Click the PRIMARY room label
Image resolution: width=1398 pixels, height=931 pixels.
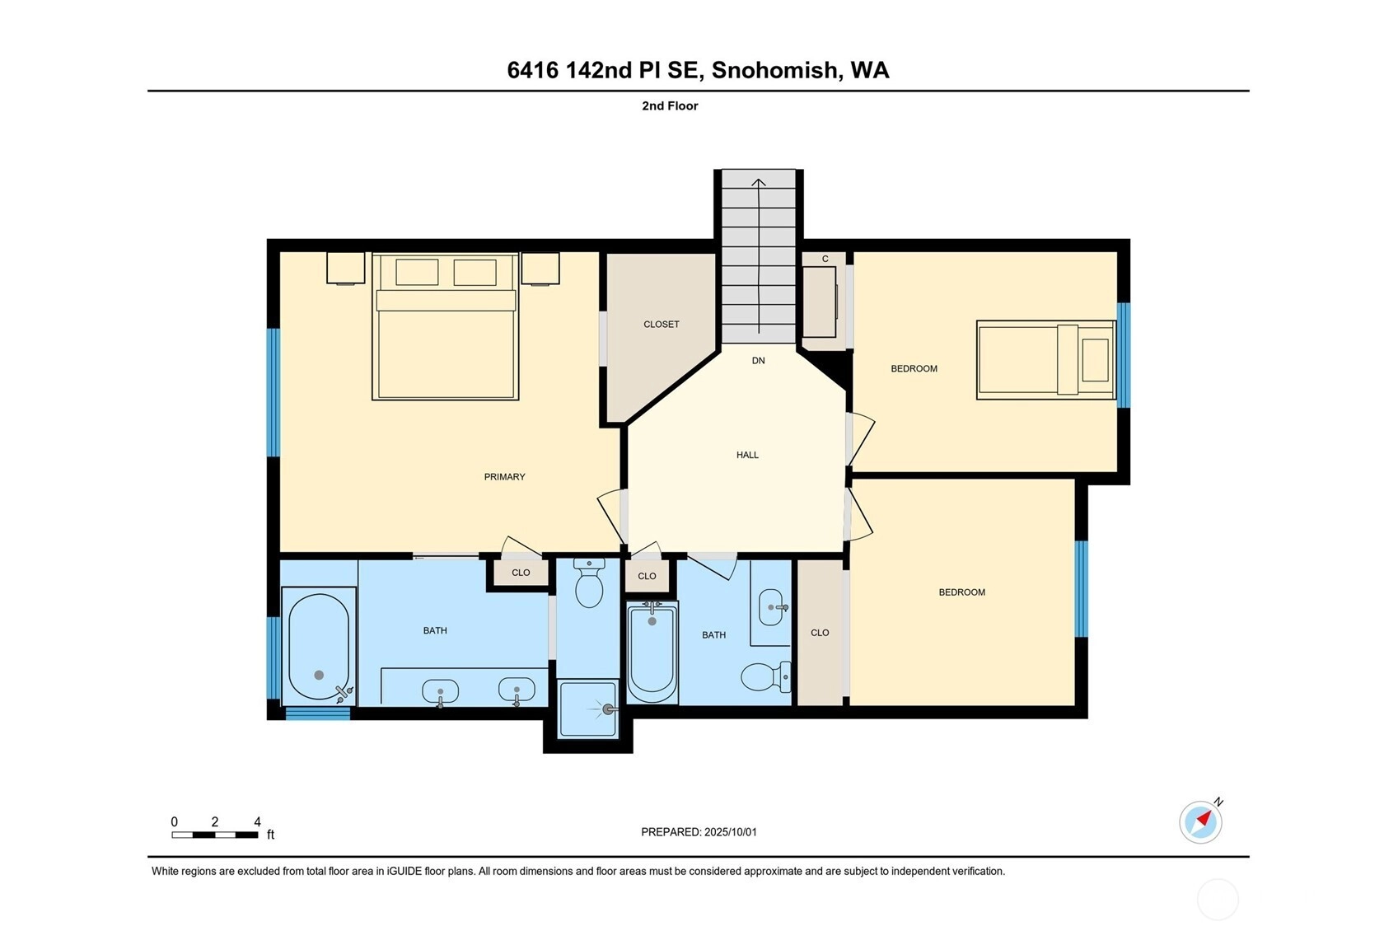click(504, 477)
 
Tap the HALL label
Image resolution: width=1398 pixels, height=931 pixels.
click(747, 455)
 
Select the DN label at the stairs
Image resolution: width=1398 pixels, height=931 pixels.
click(758, 361)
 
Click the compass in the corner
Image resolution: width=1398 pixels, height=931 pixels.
click(1200, 821)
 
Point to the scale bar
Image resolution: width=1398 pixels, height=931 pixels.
click(215, 835)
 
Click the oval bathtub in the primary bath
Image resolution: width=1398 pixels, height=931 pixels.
click(319, 647)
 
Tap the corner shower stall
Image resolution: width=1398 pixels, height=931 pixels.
click(588, 709)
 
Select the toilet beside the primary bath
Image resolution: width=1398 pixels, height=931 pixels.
click(588, 582)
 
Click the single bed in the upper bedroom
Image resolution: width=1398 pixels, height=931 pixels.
click(1046, 360)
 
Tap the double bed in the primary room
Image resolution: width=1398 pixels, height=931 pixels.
click(445, 326)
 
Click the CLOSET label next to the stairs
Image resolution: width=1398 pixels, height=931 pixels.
click(661, 325)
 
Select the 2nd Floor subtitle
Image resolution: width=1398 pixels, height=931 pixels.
click(670, 106)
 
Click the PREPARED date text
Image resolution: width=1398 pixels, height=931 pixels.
click(699, 832)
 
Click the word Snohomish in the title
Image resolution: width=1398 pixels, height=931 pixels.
click(774, 70)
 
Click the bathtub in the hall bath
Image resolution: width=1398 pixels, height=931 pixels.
click(652, 652)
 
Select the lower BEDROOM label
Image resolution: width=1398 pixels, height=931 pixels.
click(961, 592)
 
